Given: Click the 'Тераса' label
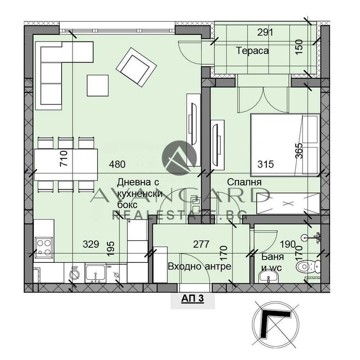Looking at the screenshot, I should pyautogui.click(x=253, y=50).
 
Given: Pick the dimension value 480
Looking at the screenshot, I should pyautogui.click(x=117, y=165).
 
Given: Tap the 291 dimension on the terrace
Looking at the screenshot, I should pyautogui.click(x=265, y=32).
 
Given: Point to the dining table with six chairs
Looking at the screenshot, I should pyautogui.click(x=67, y=164).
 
